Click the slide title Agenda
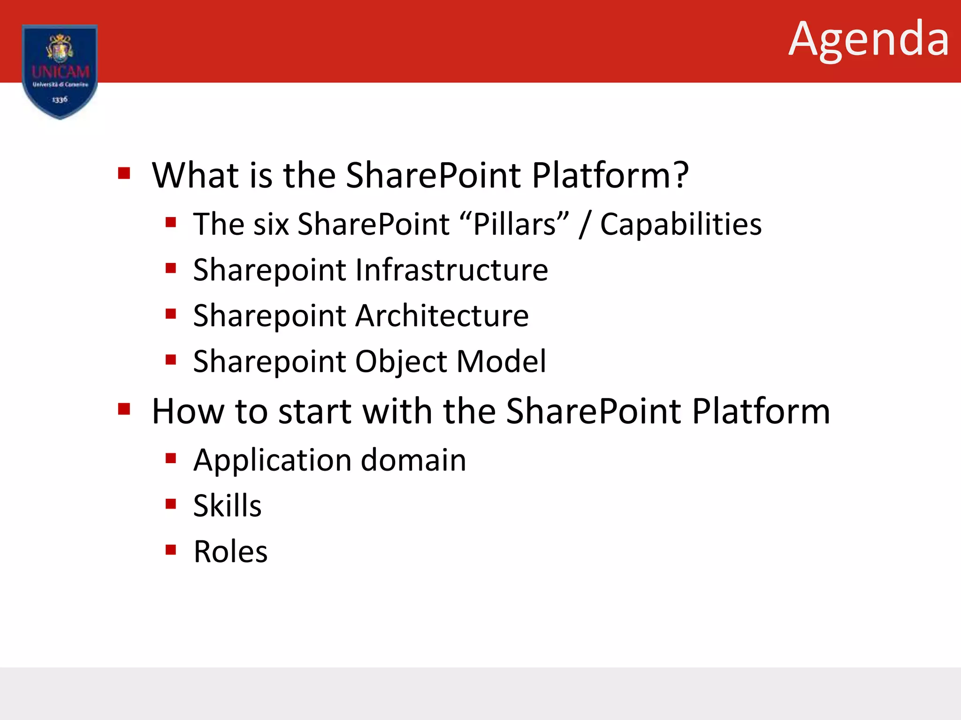click(869, 40)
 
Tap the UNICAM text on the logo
click(61, 72)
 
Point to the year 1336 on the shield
click(60, 99)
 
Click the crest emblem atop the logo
click(60, 48)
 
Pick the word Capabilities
click(680, 224)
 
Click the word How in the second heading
click(188, 411)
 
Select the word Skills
click(227, 506)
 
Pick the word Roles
click(230, 552)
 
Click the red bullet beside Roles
click(171, 549)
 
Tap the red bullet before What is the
click(124, 173)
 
